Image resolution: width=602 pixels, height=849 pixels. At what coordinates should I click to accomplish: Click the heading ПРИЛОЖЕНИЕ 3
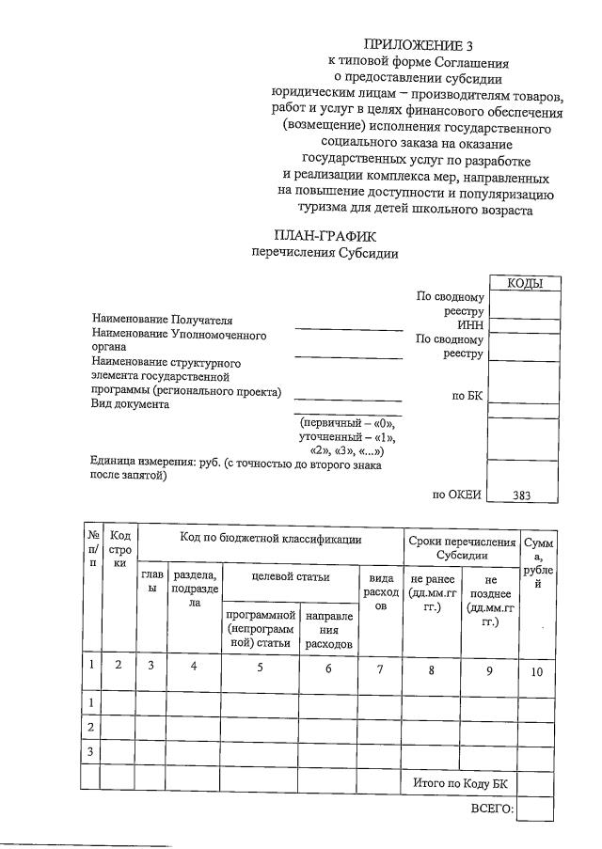(419, 46)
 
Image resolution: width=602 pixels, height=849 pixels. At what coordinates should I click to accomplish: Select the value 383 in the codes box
(523, 495)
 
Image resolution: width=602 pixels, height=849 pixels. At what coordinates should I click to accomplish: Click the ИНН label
(469, 325)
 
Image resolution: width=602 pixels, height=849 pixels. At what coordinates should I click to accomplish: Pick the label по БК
(467, 396)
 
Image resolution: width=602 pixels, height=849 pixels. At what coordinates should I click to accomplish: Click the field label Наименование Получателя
(161, 322)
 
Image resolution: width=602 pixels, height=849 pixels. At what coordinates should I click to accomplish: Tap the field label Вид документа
(130, 404)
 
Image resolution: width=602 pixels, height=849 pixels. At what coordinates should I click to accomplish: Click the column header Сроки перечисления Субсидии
(461, 548)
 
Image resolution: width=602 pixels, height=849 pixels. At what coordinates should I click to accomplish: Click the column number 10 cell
(535, 670)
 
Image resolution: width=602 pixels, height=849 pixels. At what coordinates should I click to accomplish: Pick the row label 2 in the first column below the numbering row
(90, 728)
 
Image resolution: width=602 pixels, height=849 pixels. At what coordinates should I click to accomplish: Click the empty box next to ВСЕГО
(535, 810)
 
